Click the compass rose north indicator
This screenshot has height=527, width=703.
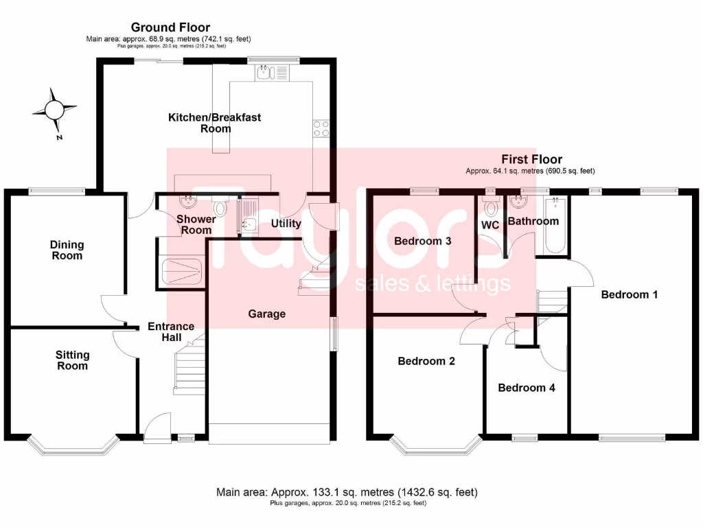(53, 110)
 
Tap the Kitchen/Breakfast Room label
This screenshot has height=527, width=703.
(215, 123)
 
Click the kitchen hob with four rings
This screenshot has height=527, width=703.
(321, 128)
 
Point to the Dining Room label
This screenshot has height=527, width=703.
(67, 250)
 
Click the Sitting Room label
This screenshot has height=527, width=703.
(72, 360)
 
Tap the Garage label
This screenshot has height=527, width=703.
(266, 314)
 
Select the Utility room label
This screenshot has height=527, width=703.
(286, 223)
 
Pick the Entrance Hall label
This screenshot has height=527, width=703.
(171, 332)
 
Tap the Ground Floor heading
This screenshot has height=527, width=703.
(170, 27)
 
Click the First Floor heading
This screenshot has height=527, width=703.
(531, 159)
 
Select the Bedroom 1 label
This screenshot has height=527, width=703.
(630, 294)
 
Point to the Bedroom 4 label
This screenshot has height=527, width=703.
(527, 388)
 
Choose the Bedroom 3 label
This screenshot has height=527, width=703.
(422, 241)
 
